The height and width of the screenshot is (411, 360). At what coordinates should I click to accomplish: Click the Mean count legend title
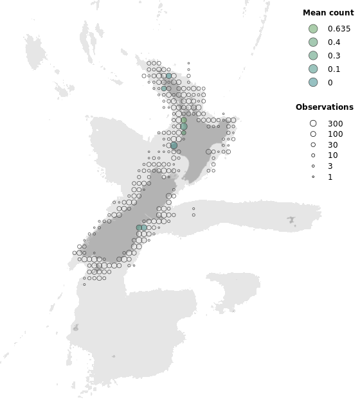coord(328,13)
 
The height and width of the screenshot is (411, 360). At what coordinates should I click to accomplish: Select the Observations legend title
coord(324,107)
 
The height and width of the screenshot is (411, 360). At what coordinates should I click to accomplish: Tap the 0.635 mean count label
coord(339,29)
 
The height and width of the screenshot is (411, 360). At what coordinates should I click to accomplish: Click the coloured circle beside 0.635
coord(313,29)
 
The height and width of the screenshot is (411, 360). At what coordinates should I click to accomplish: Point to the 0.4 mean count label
coord(334,42)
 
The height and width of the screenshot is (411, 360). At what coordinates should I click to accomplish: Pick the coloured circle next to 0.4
coord(313,42)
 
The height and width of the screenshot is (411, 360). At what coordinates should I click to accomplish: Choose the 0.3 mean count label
coord(334,56)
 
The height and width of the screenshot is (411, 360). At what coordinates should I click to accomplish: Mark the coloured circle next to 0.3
coord(313,56)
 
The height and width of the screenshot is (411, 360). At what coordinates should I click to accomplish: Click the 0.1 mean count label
coord(334,69)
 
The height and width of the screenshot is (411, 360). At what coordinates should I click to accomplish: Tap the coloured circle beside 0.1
coord(313,69)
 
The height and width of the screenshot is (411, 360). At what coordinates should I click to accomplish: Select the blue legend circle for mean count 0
coord(313,82)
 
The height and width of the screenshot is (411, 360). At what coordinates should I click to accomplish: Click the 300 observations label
coord(335,123)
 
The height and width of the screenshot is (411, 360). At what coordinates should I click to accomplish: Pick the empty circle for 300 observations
coord(313,123)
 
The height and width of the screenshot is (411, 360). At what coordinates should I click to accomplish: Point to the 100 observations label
coord(335,134)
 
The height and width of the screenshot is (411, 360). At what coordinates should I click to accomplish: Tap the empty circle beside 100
coord(313,134)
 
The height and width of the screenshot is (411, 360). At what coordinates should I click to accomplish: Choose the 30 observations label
coord(332,145)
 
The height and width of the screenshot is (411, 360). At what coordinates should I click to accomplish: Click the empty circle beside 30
coord(313,145)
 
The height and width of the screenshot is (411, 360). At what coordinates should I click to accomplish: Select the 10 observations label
coord(332,155)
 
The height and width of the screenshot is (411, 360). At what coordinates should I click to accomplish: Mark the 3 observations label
coord(330,166)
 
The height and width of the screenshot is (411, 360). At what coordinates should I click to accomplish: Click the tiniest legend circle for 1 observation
coord(313,177)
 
